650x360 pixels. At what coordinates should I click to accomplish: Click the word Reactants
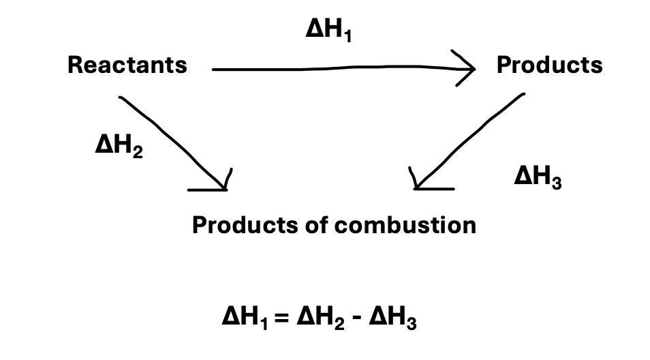tap(127, 65)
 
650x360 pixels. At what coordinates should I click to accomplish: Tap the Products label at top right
tap(549, 65)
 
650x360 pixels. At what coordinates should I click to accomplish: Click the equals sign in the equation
tap(283, 318)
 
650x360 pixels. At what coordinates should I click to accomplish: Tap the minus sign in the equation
tap(357, 318)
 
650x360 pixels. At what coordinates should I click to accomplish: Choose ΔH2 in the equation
tap(320, 318)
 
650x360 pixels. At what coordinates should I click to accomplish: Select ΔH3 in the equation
tap(392, 318)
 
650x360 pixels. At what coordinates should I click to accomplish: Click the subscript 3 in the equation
tap(411, 323)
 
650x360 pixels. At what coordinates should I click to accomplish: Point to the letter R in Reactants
tap(74, 65)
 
